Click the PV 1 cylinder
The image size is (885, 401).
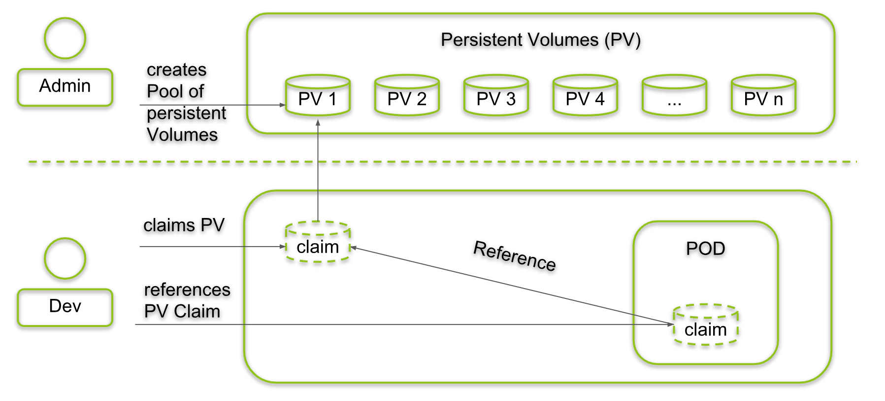[318, 96]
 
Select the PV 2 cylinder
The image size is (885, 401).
[407, 96]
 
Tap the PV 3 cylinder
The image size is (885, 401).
[496, 96]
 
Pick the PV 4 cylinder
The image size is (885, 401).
[585, 96]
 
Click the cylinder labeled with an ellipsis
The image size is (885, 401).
[674, 96]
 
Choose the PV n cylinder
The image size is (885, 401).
[763, 96]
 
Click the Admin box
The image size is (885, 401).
[65, 87]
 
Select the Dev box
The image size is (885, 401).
[65, 307]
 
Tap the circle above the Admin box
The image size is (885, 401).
[65, 38]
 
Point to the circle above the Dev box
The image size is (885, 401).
[65, 258]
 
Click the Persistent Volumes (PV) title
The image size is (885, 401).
[540, 40]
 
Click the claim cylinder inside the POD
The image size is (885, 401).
[705, 325]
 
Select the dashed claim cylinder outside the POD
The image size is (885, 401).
[318, 242]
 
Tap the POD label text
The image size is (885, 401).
[705, 249]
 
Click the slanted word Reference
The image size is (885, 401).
[515, 256]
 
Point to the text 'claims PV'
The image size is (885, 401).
[184, 225]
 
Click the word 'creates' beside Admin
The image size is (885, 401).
[176, 70]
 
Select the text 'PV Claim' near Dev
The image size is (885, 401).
[182, 312]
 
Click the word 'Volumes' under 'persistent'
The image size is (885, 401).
[182, 135]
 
